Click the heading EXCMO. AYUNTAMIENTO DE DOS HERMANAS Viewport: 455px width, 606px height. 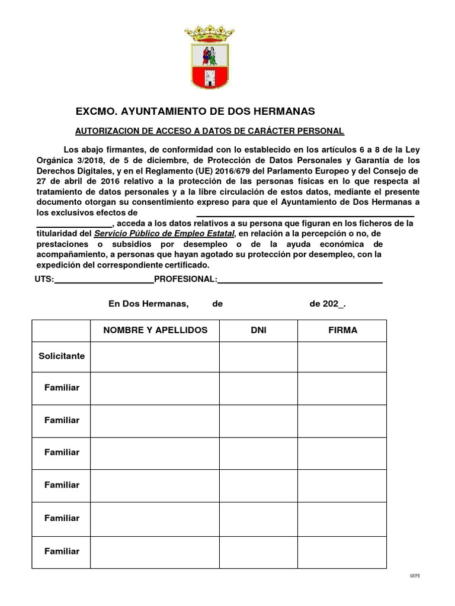[x=196, y=111]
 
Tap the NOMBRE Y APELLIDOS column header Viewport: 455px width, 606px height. [x=155, y=330]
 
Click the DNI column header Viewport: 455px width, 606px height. [x=258, y=330]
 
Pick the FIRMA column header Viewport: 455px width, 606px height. [x=342, y=330]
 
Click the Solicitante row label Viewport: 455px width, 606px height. [x=62, y=356]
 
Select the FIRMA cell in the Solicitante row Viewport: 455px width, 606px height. [x=342, y=357]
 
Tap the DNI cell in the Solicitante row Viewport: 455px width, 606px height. [x=258, y=357]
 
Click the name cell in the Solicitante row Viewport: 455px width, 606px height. [x=155, y=357]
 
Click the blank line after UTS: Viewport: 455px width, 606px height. [x=104, y=281]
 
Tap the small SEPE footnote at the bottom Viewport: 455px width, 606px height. [x=415, y=576]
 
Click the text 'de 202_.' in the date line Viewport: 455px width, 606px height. [x=328, y=304]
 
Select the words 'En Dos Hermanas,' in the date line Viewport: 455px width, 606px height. [x=148, y=304]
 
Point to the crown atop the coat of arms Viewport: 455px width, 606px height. [x=209, y=33]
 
